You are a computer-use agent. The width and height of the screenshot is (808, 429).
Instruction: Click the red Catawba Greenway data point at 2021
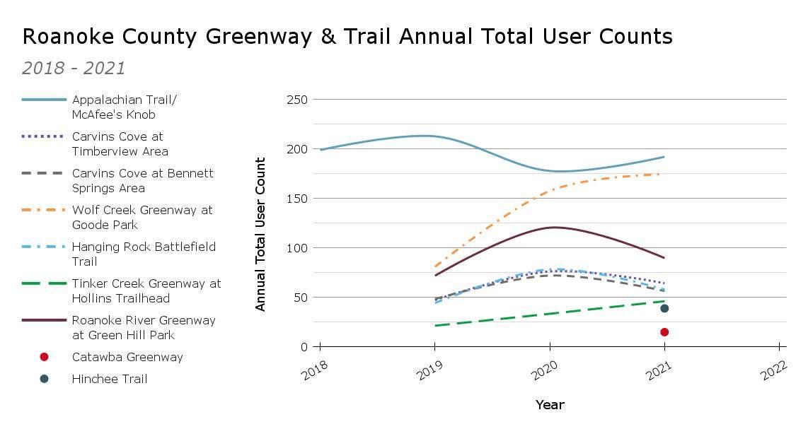click(x=664, y=332)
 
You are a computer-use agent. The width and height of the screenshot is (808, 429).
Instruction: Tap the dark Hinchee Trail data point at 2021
click(x=664, y=308)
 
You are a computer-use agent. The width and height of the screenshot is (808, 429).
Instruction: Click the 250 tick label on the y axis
click(x=296, y=100)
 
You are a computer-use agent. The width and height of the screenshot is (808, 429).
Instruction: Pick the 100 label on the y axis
click(x=296, y=248)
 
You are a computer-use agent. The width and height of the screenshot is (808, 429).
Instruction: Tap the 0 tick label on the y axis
click(x=304, y=347)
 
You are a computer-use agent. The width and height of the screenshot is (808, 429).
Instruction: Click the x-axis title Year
click(x=550, y=405)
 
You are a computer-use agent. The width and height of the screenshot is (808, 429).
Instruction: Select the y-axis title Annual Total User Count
click(x=260, y=234)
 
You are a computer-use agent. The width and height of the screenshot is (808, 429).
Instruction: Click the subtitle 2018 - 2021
click(x=74, y=69)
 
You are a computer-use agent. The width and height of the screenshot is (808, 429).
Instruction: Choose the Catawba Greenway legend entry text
click(x=127, y=357)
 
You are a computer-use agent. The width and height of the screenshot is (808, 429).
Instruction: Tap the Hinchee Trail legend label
click(x=110, y=379)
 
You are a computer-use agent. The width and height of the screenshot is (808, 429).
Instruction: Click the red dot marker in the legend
click(x=44, y=357)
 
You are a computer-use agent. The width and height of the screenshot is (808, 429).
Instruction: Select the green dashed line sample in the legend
click(x=44, y=284)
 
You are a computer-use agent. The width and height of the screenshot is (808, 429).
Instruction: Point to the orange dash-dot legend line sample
click(x=44, y=211)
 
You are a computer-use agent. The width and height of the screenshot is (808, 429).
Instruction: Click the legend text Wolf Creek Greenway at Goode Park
click(x=142, y=217)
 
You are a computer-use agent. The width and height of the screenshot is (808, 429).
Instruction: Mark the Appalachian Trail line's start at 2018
click(x=321, y=150)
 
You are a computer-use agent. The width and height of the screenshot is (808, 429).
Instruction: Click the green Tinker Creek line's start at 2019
click(x=435, y=326)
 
